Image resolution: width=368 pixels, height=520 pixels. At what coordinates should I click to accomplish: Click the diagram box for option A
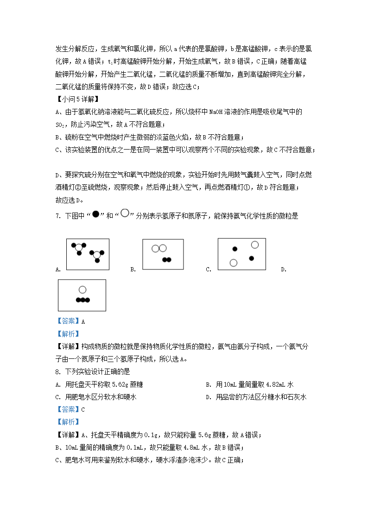(x=88, y=254)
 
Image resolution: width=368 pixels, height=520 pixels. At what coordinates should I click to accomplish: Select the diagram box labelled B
(x=163, y=254)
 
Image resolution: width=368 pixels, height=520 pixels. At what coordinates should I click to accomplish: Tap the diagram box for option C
(x=241, y=254)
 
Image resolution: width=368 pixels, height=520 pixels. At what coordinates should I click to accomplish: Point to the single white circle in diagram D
(x=82, y=290)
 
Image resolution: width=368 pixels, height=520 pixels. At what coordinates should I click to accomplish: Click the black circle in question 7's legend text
(x=95, y=214)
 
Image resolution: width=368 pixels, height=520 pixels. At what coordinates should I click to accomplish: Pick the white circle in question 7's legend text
(x=124, y=214)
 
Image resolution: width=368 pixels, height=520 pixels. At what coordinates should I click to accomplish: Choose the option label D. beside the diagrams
(x=283, y=269)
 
